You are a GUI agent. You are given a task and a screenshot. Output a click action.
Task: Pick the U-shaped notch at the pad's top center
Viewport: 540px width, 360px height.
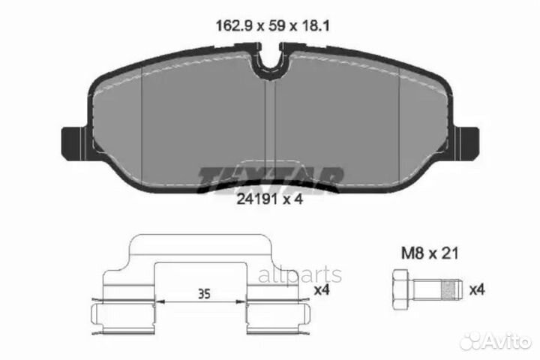coord(270,66)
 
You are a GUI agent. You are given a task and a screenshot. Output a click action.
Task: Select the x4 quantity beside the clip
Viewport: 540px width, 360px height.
coord(321,289)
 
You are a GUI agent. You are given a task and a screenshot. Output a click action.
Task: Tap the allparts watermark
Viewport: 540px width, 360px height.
coord(300,275)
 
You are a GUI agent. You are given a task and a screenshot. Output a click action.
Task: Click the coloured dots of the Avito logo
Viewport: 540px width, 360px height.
coord(470,341)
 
